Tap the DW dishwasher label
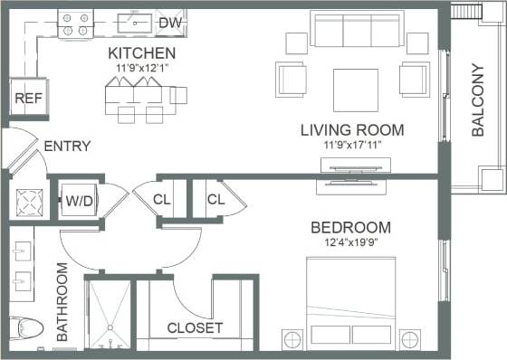pos(169,23)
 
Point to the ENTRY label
pos(67,146)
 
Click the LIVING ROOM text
pos(352,130)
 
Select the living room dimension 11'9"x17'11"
pos(352,147)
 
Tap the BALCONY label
pos(478,100)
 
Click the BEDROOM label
pos(350,227)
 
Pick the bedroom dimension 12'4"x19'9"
pos(350,243)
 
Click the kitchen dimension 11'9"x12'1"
pos(141,67)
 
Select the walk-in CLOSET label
pos(195,327)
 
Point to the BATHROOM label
pos(62,302)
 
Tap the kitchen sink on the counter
pos(140,21)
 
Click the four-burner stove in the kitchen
pos(75,24)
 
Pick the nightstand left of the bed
pos(292,340)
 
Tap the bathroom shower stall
pos(109,314)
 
